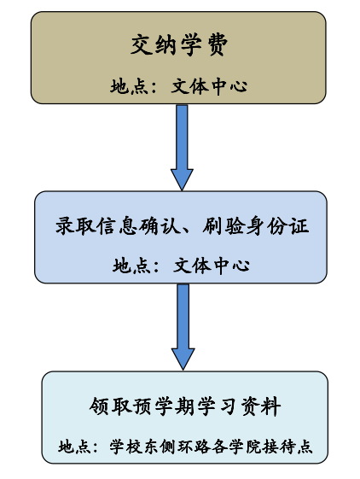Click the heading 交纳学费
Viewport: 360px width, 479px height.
point(179,45)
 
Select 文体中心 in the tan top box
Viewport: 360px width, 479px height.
point(209,86)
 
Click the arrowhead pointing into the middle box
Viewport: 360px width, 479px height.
point(182,179)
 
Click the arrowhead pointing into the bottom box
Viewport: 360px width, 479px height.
point(183,359)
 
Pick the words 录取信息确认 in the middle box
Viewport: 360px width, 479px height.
point(118,226)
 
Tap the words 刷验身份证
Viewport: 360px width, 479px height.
point(255,226)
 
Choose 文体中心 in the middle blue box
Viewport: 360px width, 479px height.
point(212,266)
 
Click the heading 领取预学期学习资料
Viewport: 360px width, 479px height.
point(185,406)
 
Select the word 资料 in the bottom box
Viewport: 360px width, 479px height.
point(261,406)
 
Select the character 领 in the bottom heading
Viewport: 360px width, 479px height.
point(99,406)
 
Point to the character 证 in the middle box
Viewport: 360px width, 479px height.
point(299,226)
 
